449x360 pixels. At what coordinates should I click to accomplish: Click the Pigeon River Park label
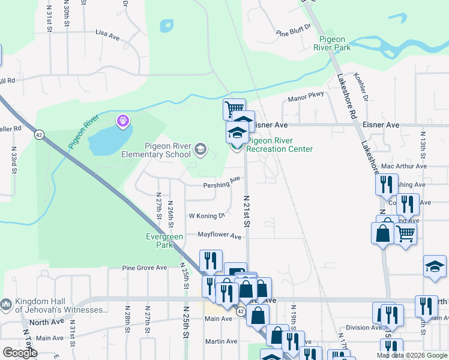pos(335,43)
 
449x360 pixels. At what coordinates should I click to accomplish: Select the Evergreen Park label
pos(164,241)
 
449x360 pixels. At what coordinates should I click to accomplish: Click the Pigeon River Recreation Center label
pos(280,145)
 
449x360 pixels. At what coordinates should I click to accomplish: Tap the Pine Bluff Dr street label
pos(294,28)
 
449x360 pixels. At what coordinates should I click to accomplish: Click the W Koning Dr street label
pos(206,215)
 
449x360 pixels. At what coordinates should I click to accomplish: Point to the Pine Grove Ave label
pos(144,268)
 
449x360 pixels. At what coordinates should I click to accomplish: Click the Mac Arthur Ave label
pos(403,166)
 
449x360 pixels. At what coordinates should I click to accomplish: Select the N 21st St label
pos(246,211)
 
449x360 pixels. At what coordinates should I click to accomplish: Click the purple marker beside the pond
pos(124,121)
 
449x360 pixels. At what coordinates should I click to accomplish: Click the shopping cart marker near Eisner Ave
pos(234,109)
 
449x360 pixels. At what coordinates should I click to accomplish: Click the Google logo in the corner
pos(20,352)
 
